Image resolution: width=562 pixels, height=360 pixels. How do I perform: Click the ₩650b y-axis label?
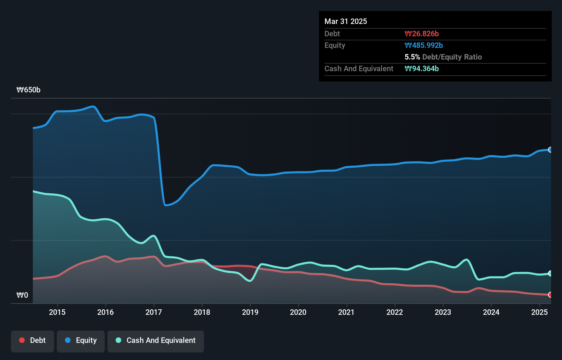[28, 90]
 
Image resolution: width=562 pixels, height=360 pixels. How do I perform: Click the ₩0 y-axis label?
[22, 295]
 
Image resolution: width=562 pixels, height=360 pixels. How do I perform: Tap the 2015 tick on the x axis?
[57, 312]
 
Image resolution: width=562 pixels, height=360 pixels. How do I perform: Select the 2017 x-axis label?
[154, 312]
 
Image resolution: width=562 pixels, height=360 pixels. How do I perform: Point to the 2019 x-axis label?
[250, 312]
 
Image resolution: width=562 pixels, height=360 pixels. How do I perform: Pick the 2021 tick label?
[346, 312]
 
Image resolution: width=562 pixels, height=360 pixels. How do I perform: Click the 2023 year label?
[443, 312]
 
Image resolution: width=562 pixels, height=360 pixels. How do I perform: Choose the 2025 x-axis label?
[539, 312]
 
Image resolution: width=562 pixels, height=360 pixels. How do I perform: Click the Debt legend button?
[33, 340]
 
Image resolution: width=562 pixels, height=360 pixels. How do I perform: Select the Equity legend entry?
[81, 340]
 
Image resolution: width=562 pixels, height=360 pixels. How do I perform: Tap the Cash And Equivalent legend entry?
[156, 340]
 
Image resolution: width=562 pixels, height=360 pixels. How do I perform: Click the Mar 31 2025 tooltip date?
[346, 21]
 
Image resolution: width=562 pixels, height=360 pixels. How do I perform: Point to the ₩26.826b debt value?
[422, 34]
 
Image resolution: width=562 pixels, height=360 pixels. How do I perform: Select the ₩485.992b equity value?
[424, 45]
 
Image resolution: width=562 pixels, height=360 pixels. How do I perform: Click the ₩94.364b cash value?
[422, 68]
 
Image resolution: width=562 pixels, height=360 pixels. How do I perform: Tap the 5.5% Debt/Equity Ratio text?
[443, 57]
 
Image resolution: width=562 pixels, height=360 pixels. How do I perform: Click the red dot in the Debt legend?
[22, 340]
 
